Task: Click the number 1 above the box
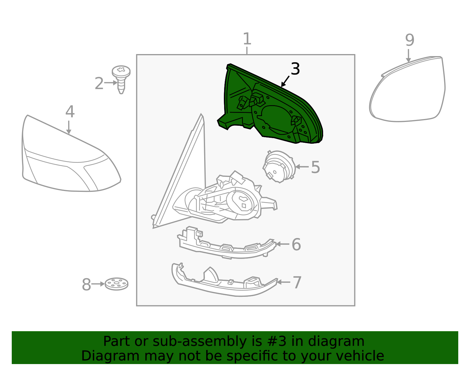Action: click(x=247, y=39)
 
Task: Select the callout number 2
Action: click(x=99, y=83)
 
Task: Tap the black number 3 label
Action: click(x=295, y=69)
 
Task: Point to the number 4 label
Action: click(x=70, y=112)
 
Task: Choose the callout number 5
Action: click(x=315, y=167)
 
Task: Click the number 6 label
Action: click(x=296, y=244)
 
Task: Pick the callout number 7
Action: click(x=297, y=282)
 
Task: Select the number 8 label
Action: click(x=86, y=285)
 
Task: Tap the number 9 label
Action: click(x=410, y=40)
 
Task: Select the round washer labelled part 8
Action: click(x=117, y=284)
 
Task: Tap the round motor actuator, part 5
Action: click(x=279, y=167)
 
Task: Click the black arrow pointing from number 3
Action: click(x=285, y=81)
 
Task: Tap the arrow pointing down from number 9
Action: click(x=408, y=56)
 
